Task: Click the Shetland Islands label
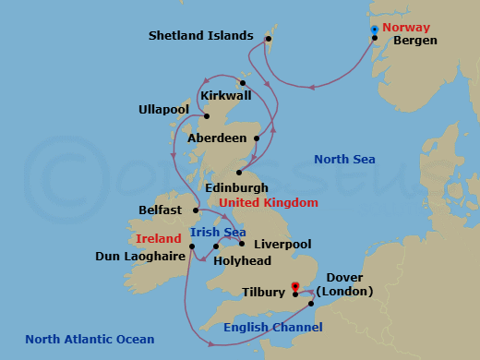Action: point(199,36)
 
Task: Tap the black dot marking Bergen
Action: point(374,38)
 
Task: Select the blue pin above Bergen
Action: point(374,30)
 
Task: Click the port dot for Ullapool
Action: point(207,116)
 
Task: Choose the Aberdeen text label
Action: point(217,138)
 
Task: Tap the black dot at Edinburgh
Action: point(239,172)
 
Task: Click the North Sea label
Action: point(344,160)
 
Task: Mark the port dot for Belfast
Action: point(196,210)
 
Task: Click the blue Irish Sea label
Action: point(217,232)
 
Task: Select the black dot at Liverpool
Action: point(242,244)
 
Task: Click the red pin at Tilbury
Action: point(294,287)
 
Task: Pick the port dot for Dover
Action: point(311,303)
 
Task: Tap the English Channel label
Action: point(273,327)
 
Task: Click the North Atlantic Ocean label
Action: point(90,339)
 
